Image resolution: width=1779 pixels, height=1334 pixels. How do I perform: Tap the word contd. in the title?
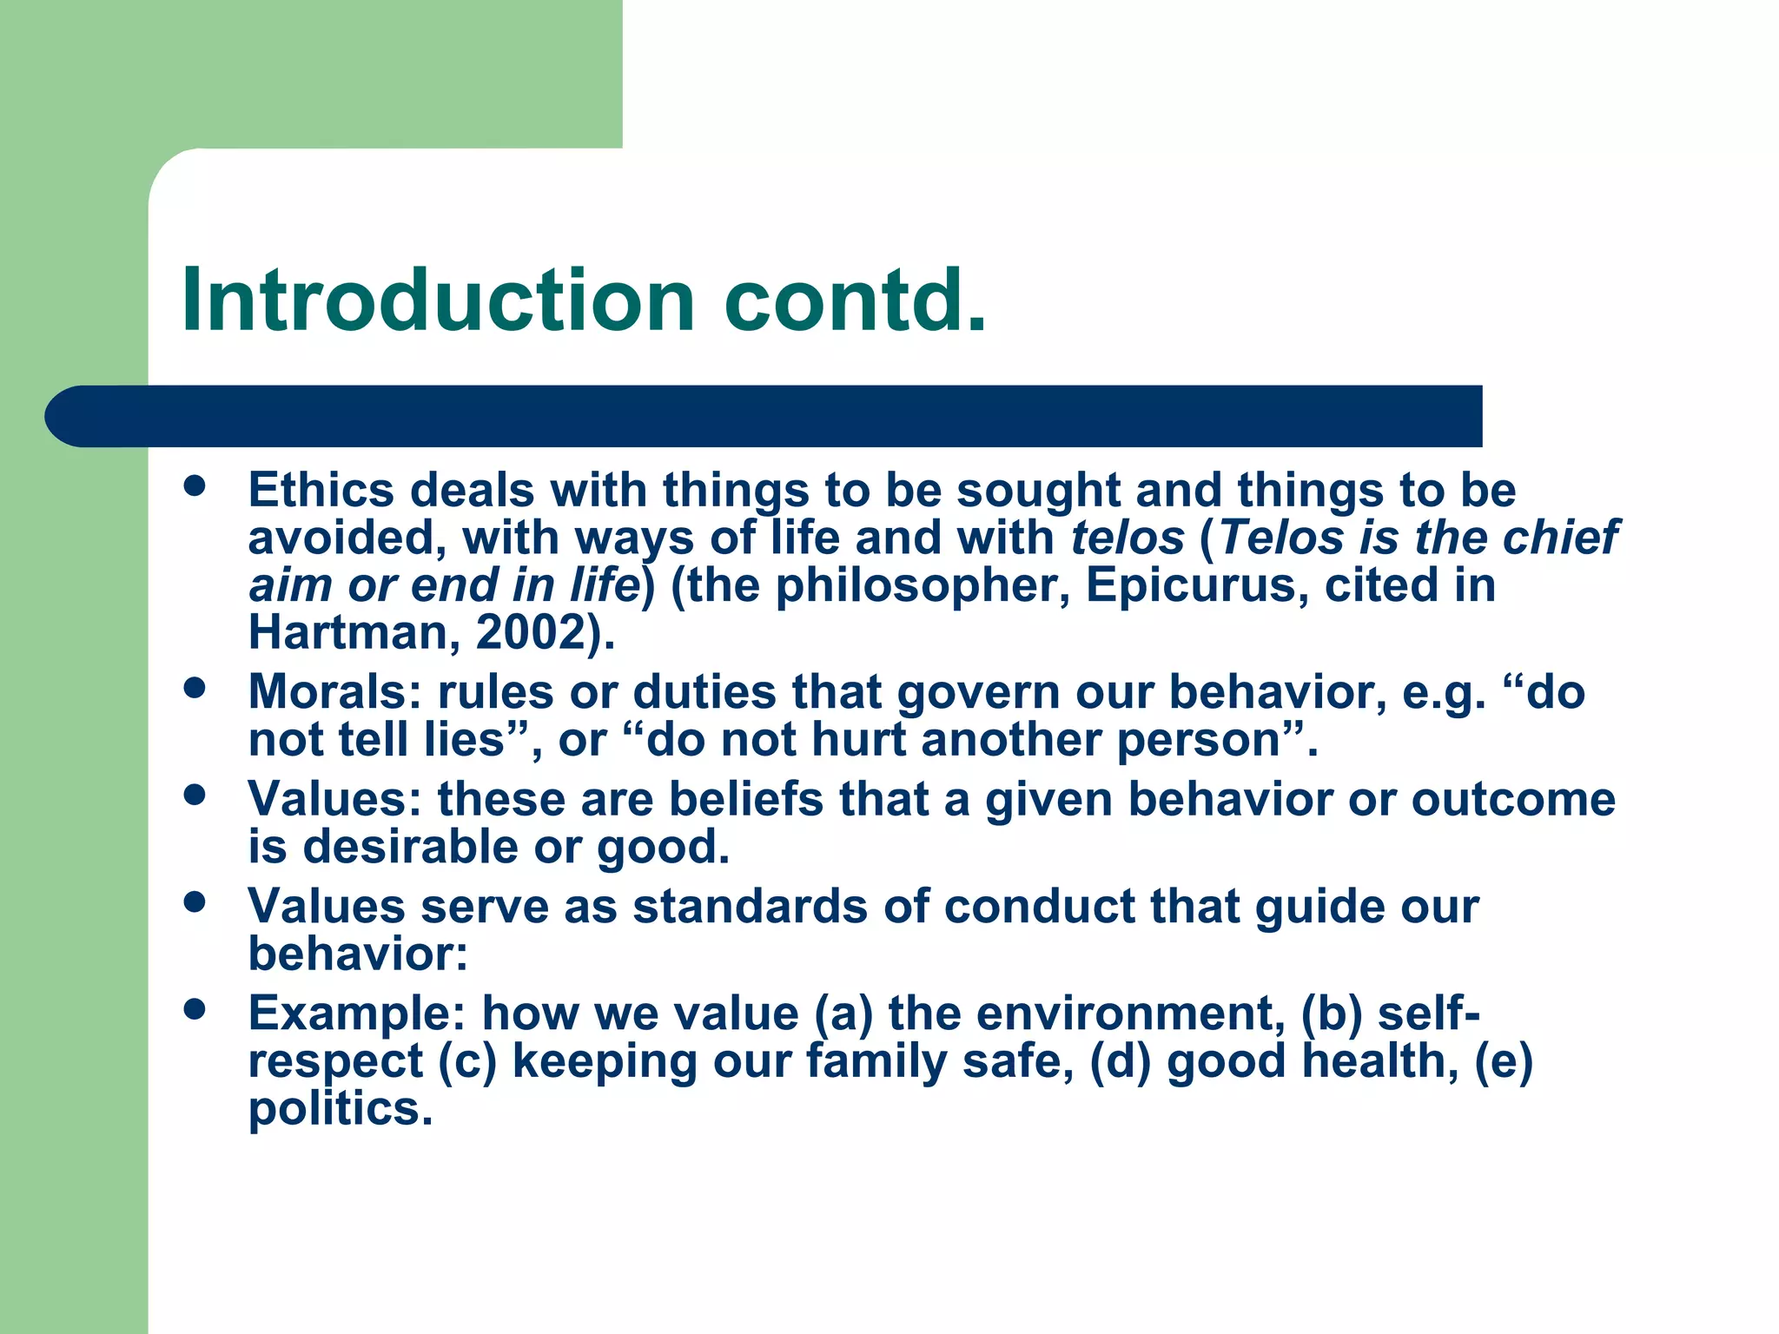click(x=856, y=300)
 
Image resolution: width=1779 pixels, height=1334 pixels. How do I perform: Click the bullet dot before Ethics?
click(x=195, y=485)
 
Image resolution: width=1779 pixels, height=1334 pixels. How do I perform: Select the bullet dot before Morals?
click(x=195, y=688)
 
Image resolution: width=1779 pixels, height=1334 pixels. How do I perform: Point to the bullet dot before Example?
click(x=195, y=1009)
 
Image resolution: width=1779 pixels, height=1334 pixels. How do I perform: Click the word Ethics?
click(x=321, y=490)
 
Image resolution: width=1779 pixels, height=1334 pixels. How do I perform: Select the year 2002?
click(x=531, y=632)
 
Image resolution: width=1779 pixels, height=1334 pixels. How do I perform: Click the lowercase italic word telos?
click(x=1127, y=538)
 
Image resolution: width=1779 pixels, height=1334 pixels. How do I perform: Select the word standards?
click(x=750, y=907)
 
